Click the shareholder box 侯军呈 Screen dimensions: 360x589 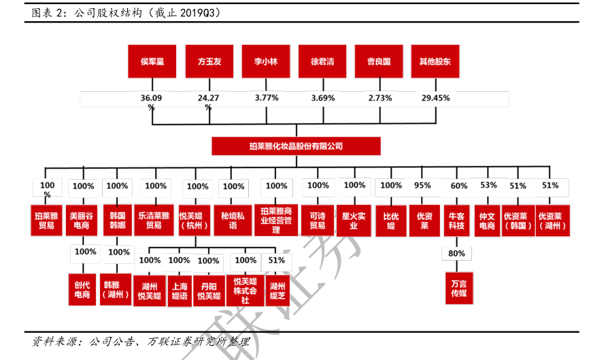click(x=152, y=61)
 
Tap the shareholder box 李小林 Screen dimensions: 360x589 click(x=266, y=61)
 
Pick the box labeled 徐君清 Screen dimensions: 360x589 click(x=322, y=61)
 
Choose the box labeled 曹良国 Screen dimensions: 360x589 click(x=379, y=61)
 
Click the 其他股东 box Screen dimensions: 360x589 click(x=435, y=61)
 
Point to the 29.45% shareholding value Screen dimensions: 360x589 click(x=436, y=98)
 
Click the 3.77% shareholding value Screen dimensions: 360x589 click(x=267, y=98)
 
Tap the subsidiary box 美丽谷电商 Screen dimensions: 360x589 click(x=83, y=219)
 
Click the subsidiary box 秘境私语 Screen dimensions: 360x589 click(x=233, y=219)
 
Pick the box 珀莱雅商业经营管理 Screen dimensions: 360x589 click(x=276, y=220)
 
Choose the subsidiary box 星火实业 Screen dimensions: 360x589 click(x=354, y=219)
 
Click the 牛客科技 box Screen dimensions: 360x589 click(x=456, y=220)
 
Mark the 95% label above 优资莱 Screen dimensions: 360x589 click(x=422, y=185)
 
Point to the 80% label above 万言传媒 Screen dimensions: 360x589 click(x=456, y=253)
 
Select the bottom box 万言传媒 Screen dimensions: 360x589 click(x=456, y=287)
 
